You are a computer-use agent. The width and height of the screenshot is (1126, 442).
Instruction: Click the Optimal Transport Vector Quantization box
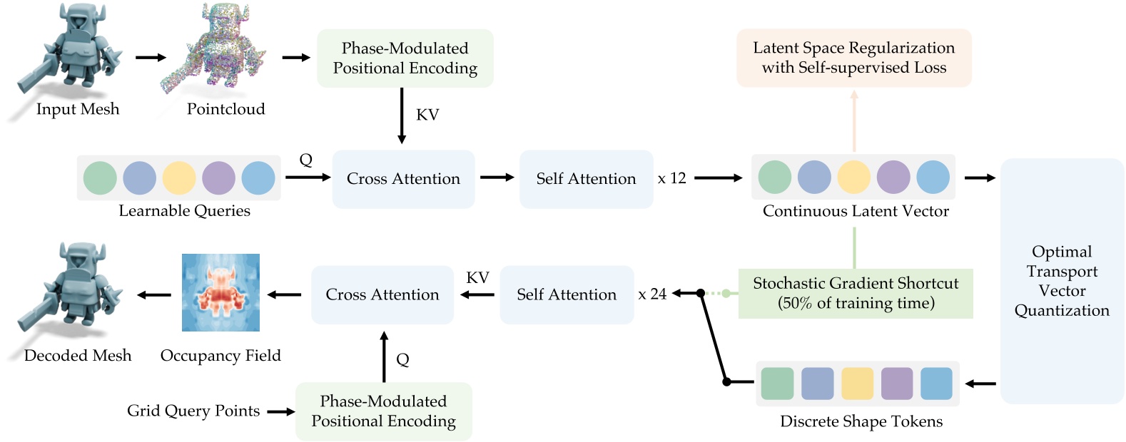coord(1062,281)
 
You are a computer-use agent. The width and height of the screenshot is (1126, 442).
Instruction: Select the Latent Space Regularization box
coord(853,58)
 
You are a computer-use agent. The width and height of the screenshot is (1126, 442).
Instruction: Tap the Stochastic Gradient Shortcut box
coord(855,293)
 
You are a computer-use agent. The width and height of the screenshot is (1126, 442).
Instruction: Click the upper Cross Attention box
coord(403,179)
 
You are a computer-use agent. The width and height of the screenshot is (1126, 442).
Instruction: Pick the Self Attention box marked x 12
coord(586,179)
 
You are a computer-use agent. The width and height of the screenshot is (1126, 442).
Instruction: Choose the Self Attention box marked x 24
coord(567,294)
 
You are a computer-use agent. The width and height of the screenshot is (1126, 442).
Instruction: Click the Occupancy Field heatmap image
coord(220,292)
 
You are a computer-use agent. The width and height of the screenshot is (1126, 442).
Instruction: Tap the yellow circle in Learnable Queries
coord(178,178)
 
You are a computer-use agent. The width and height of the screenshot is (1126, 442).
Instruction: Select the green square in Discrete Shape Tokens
coord(777,384)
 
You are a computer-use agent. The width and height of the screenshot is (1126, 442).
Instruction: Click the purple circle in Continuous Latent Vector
coord(893,177)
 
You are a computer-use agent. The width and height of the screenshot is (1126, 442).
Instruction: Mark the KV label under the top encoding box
coord(427,115)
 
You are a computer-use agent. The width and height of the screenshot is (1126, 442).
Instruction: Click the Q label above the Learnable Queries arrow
coord(306,160)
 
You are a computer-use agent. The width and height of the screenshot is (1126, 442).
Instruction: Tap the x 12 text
coord(671,178)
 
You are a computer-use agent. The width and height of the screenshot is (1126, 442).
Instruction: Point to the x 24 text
coord(652,294)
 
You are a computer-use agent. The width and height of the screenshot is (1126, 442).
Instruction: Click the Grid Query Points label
coord(193,411)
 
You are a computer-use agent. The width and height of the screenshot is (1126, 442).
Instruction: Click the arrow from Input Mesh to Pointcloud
coord(151,57)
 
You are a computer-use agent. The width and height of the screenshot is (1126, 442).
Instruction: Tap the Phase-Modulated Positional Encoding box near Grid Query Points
coord(383,411)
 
